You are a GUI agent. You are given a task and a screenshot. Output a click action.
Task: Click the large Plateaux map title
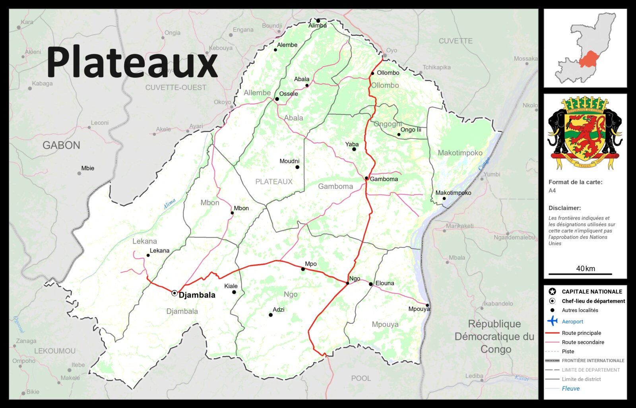(x=132, y=62)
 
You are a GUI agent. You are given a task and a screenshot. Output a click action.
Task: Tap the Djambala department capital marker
(x=175, y=293)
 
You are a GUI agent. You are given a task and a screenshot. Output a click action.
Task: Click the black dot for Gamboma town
(x=366, y=178)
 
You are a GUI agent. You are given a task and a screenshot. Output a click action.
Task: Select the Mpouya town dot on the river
(x=427, y=306)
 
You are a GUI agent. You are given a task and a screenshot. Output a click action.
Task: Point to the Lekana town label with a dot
(x=159, y=251)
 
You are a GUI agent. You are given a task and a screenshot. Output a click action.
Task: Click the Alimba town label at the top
(x=318, y=25)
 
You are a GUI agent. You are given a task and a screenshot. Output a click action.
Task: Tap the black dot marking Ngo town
(x=347, y=283)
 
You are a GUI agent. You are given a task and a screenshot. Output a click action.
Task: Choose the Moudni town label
(x=289, y=161)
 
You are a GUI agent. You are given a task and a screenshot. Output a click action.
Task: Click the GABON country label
(x=61, y=145)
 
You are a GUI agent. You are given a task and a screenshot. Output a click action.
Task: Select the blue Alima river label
(x=170, y=204)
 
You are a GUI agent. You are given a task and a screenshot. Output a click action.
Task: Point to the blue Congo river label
(x=484, y=164)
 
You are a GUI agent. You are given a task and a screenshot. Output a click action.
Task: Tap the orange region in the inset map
(x=590, y=60)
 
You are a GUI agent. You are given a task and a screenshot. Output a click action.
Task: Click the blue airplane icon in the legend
(x=552, y=321)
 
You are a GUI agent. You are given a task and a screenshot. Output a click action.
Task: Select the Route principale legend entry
(x=581, y=333)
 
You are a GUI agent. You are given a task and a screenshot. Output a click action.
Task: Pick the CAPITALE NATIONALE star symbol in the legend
(x=552, y=292)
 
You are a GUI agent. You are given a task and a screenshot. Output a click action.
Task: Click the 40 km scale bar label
(x=586, y=269)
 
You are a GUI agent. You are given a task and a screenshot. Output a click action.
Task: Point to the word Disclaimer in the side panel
(x=564, y=208)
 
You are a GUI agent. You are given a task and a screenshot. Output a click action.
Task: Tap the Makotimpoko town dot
(x=444, y=198)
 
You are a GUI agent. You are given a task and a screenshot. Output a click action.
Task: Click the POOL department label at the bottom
(x=361, y=378)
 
